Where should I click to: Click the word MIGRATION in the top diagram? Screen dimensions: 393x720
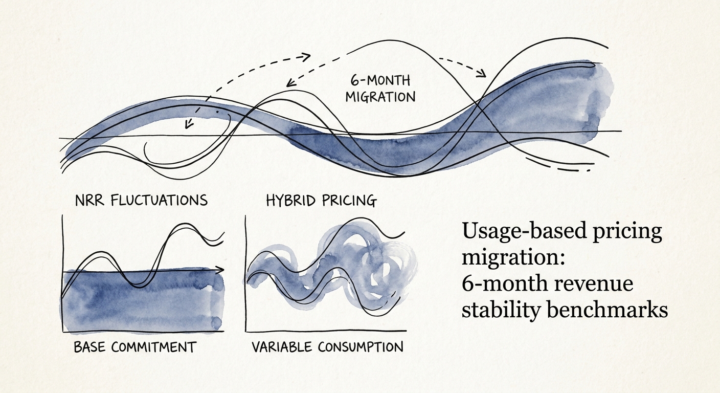click(x=380, y=96)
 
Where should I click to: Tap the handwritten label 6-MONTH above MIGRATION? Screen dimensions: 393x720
click(x=380, y=80)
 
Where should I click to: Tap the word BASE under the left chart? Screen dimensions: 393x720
click(x=89, y=347)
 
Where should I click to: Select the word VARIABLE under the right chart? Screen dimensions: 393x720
click(x=282, y=347)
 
